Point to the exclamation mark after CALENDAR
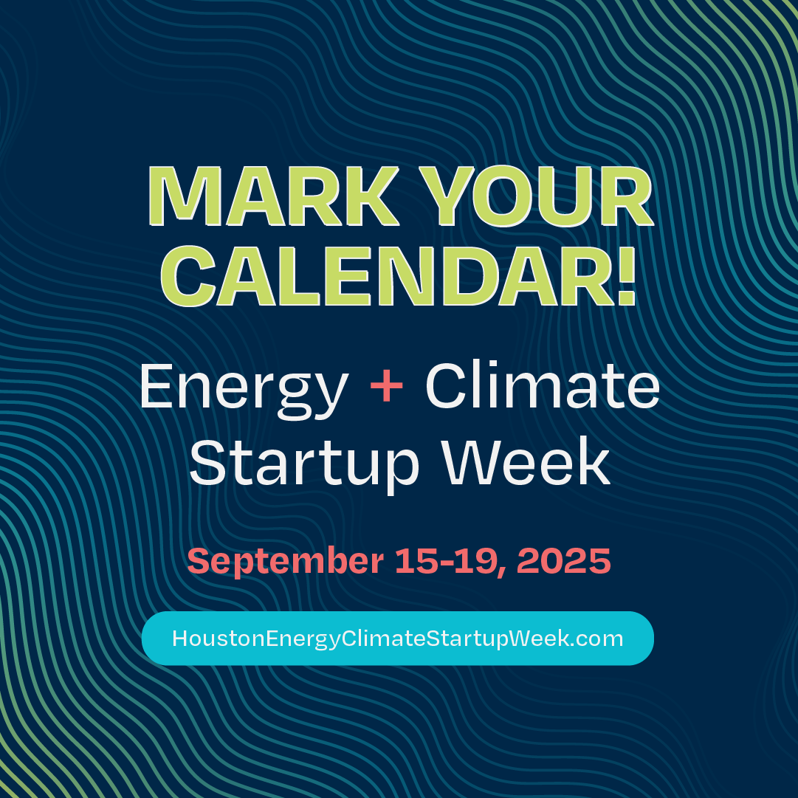(626, 277)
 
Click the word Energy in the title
(244, 389)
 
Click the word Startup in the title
(305, 463)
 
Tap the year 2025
(564, 561)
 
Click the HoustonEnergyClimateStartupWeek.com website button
(397, 639)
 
